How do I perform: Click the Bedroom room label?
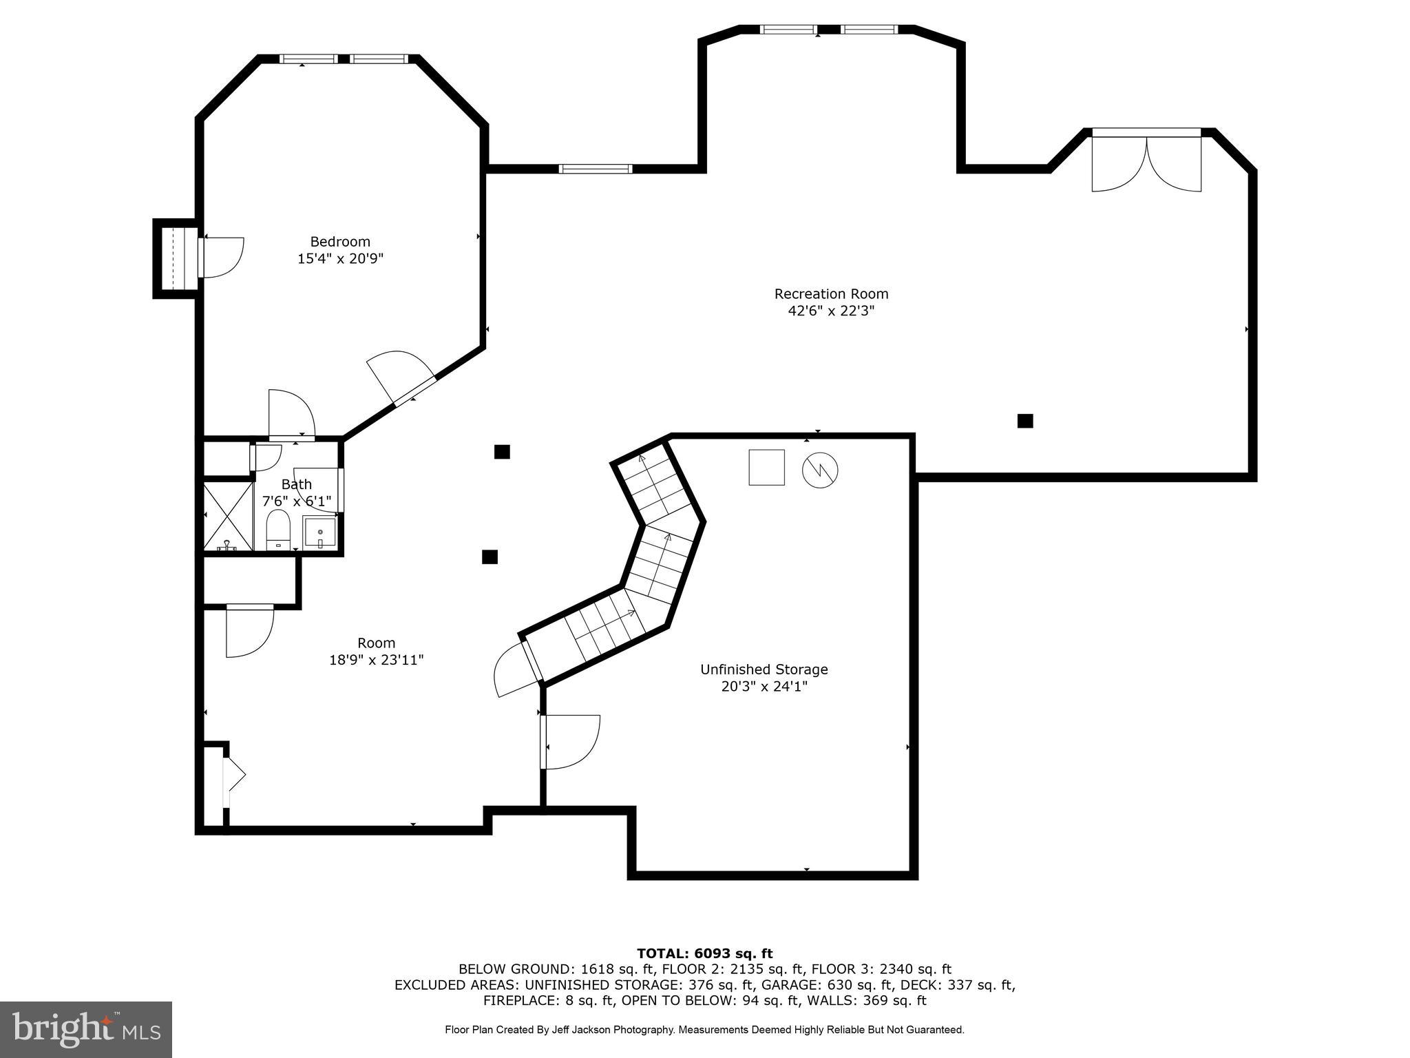tap(340, 242)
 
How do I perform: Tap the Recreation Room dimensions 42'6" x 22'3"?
tap(831, 311)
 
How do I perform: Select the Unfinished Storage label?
tap(764, 670)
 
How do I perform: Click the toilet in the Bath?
tap(278, 530)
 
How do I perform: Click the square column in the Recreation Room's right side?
tap(1025, 421)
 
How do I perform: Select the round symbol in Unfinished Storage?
tap(820, 470)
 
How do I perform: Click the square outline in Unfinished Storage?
tap(766, 468)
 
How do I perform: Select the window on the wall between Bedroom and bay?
tap(595, 169)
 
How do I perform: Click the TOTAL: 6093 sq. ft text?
tap(704, 953)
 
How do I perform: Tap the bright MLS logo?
tap(86, 1030)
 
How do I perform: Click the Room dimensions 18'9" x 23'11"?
tap(376, 661)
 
